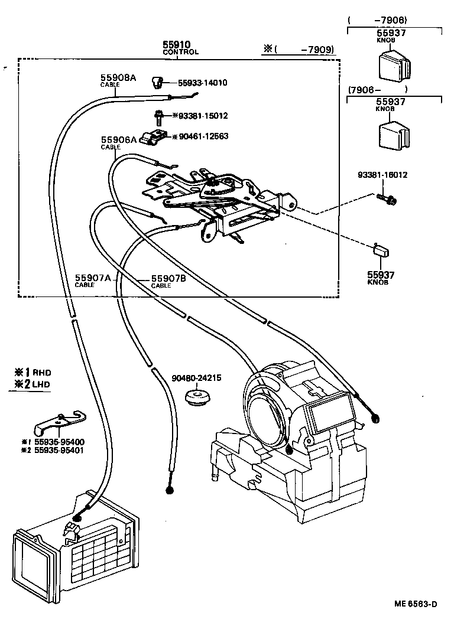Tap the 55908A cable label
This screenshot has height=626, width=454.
point(118,77)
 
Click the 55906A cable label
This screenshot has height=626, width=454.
point(118,140)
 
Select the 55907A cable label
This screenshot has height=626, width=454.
point(92,278)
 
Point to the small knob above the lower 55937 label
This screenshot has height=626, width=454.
point(380,249)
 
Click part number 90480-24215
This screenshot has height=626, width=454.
point(196,378)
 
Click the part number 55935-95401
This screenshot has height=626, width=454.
point(59,451)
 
